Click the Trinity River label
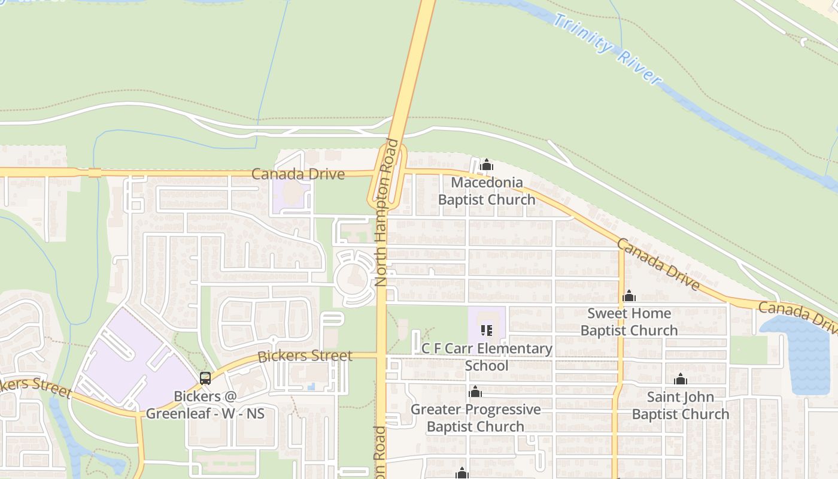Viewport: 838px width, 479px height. pos(607,48)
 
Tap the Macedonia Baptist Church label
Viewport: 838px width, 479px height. pos(487,191)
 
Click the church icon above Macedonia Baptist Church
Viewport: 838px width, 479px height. pos(487,165)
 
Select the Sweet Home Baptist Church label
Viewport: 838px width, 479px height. pos(629,322)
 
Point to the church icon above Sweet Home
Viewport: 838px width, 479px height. pos(629,296)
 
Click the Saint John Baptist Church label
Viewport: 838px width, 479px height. pos(681,405)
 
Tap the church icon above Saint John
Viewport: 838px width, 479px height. pos(680,380)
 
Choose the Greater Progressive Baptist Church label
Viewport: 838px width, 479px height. pos(475,418)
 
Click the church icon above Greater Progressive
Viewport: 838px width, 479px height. pos(475,392)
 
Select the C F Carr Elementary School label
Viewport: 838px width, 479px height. pos(487,357)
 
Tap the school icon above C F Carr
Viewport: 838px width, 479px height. pos(486,331)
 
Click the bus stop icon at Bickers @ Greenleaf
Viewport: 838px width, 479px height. pos(205,378)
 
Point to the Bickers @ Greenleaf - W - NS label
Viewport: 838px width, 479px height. pos(205,405)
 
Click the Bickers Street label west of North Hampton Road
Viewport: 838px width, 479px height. pos(305,356)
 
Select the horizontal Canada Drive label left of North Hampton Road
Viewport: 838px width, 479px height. pos(298,174)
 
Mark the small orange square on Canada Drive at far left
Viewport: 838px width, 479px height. pos(95,173)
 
